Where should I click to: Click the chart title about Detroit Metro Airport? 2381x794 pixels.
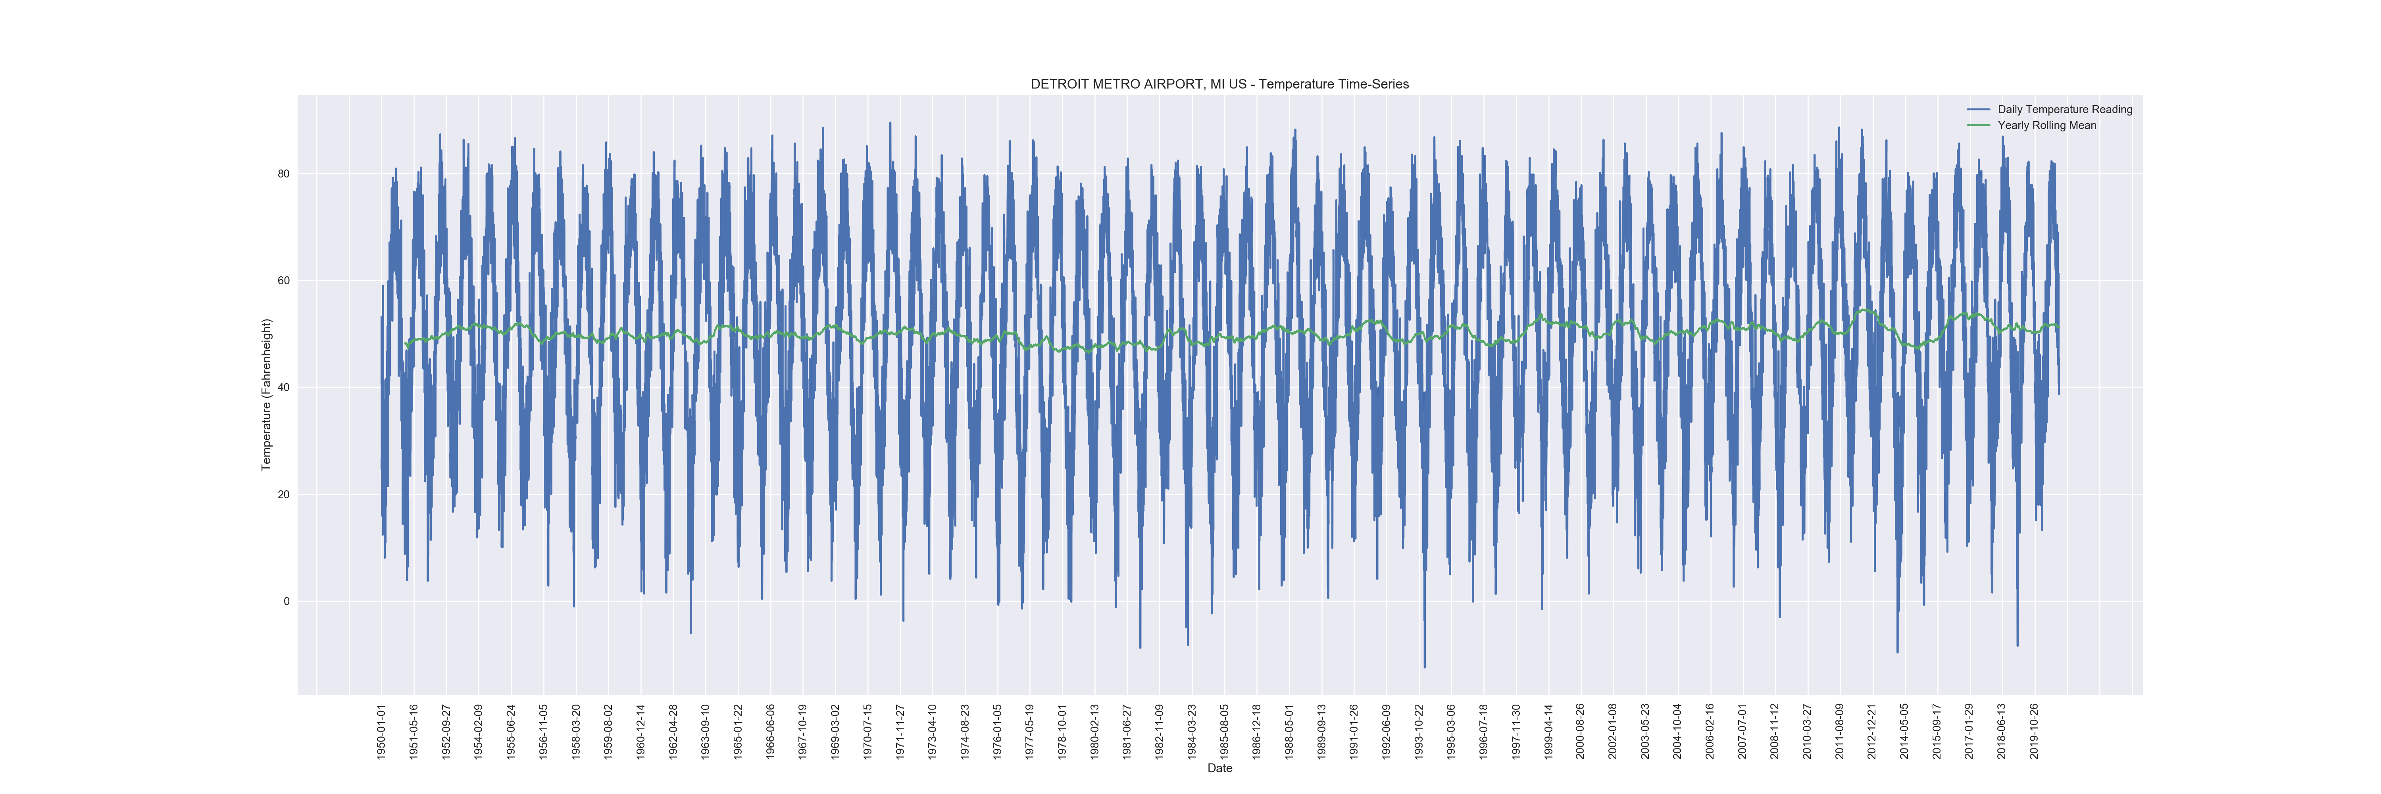[1219, 84]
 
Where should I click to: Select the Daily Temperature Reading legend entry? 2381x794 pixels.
[2064, 109]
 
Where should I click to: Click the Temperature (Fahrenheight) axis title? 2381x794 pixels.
[266, 395]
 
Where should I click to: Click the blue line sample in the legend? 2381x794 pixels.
[1978, 109]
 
